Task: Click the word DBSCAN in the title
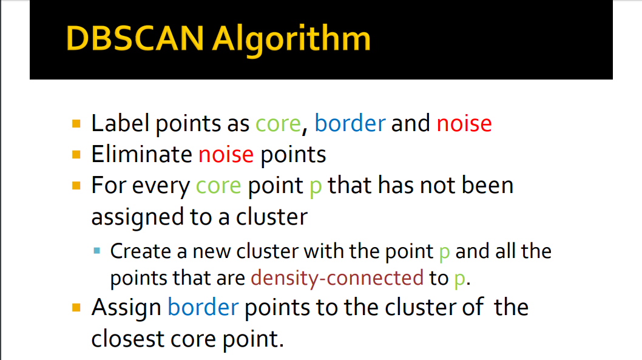point(135,38)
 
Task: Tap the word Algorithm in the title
point(291,41)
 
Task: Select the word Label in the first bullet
point(120,123)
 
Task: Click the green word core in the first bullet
point(279,124)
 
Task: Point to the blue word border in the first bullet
point(350,123)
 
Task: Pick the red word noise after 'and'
point(464,123)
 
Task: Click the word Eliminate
point(141,154)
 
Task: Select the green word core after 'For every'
point(218,186)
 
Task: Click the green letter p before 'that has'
point(316,188)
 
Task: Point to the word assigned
point(138,217)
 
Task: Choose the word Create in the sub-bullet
point(140,251)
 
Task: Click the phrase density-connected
point(337,278)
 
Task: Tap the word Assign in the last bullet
point(126,308)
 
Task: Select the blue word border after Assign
point(203,307)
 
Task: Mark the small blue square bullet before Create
point(97,251)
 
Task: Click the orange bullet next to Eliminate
point(76,154)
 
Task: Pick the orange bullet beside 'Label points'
point(76,124)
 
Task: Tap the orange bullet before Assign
point(76,308)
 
